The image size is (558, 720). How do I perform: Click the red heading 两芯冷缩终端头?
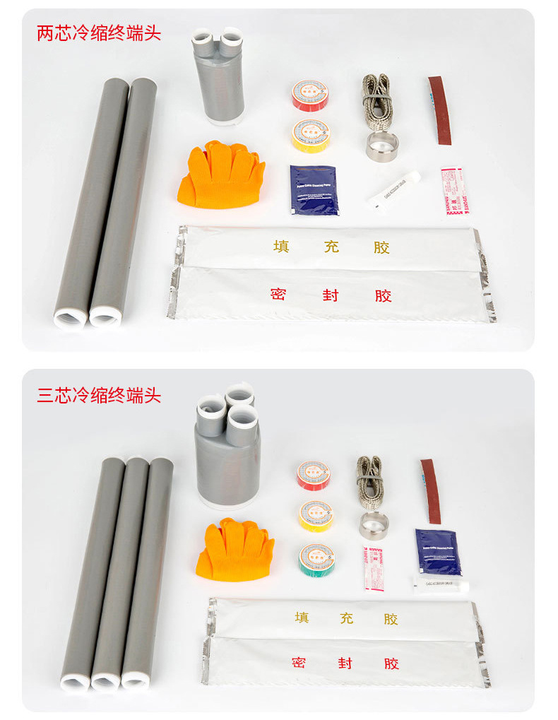click(x=99, y=33)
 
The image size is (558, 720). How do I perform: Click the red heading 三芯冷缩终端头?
click(x=99, y=395)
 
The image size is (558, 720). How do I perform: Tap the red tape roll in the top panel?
click(x=310, y=95)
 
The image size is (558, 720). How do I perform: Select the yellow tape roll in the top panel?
click(x=310, y=133)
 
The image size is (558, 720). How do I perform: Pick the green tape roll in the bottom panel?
click(x=316, y=558)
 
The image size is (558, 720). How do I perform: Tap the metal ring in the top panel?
click(x=382, y=146)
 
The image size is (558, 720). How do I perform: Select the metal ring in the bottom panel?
click(x=374, y=525)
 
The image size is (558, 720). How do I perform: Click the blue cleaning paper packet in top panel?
click(x=314, y=189)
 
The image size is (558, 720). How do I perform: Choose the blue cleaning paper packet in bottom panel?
click(x=438, y=551)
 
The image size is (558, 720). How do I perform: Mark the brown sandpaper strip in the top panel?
click(x=442, y=110)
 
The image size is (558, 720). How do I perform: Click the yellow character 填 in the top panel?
click(x=281, y=247)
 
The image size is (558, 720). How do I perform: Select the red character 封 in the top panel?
click(x=331, y=295)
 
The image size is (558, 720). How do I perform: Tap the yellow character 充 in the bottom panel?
click(x=345, y=618)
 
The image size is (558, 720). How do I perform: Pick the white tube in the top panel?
click(x=393, y=189)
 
